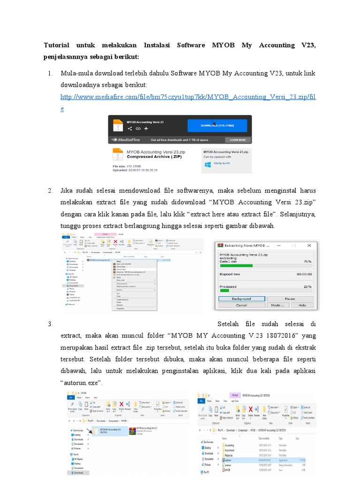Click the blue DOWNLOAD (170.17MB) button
(x=217, y=126)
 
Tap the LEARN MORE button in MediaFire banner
(x=237, y=140)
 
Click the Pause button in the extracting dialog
(x=290, y=299)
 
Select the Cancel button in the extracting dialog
(x=241, y=305)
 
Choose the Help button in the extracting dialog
(x=301, y=305)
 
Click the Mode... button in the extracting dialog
(x=277, y=305)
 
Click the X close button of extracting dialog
(x=307, y=245)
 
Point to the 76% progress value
(x=307, y=262)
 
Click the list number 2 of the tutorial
(x=50, y=190)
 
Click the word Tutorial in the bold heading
(x=56, y=45)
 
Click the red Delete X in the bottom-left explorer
(x=121, y=405)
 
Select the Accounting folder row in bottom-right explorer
(x=230, y=445)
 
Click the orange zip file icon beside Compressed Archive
(x=118, y=156)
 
